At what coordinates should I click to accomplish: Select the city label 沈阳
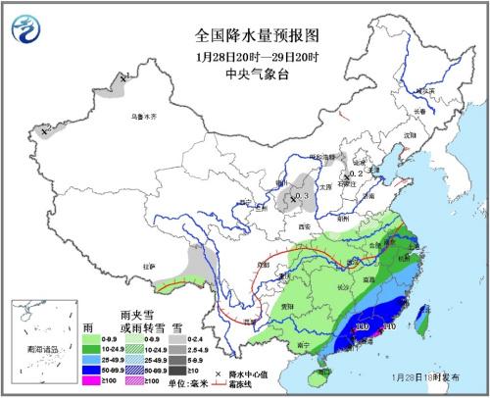[x=410, y=135]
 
